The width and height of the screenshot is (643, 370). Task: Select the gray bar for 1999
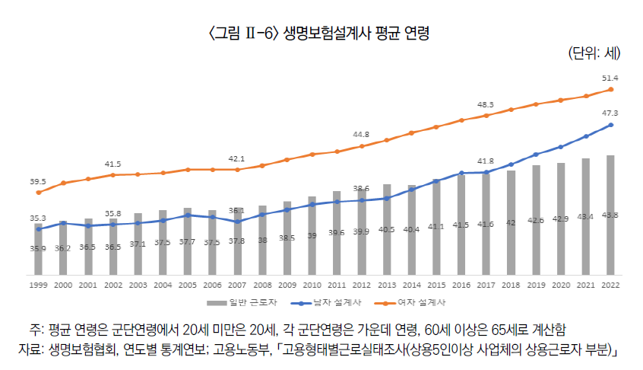[38, 248]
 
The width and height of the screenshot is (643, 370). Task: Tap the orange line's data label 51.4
[610, 78]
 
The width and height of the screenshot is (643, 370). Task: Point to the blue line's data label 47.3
[610, 113]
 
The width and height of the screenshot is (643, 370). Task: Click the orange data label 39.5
[38, 181]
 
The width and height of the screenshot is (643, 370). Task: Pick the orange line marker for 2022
[610, 90]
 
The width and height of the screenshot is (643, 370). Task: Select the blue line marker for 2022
[610, 125]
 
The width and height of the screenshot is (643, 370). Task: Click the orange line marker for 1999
[38, 193]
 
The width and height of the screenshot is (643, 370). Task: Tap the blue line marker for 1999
[38, 228]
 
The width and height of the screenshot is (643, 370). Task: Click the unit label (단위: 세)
[594, 53]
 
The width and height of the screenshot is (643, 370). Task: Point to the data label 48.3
[486, 104]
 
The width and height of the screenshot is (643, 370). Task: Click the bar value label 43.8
[610, 215]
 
